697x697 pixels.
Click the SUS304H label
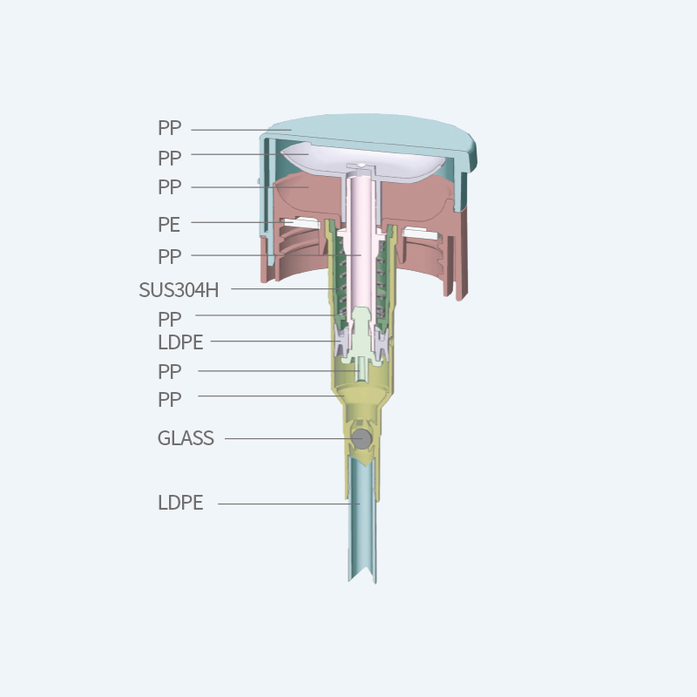pos(179,290)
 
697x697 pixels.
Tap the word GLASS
pos(186,438)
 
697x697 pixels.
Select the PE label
pos(169,225)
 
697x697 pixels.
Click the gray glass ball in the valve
pos(362,439)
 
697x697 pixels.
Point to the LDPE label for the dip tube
pos(180,503)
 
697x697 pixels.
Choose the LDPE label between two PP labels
pos(180,342)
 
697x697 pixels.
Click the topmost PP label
pos(169,128)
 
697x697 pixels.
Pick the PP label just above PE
pos(169,187)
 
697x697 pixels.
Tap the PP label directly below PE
pos(169,256)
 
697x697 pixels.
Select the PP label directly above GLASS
pos(169,400)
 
